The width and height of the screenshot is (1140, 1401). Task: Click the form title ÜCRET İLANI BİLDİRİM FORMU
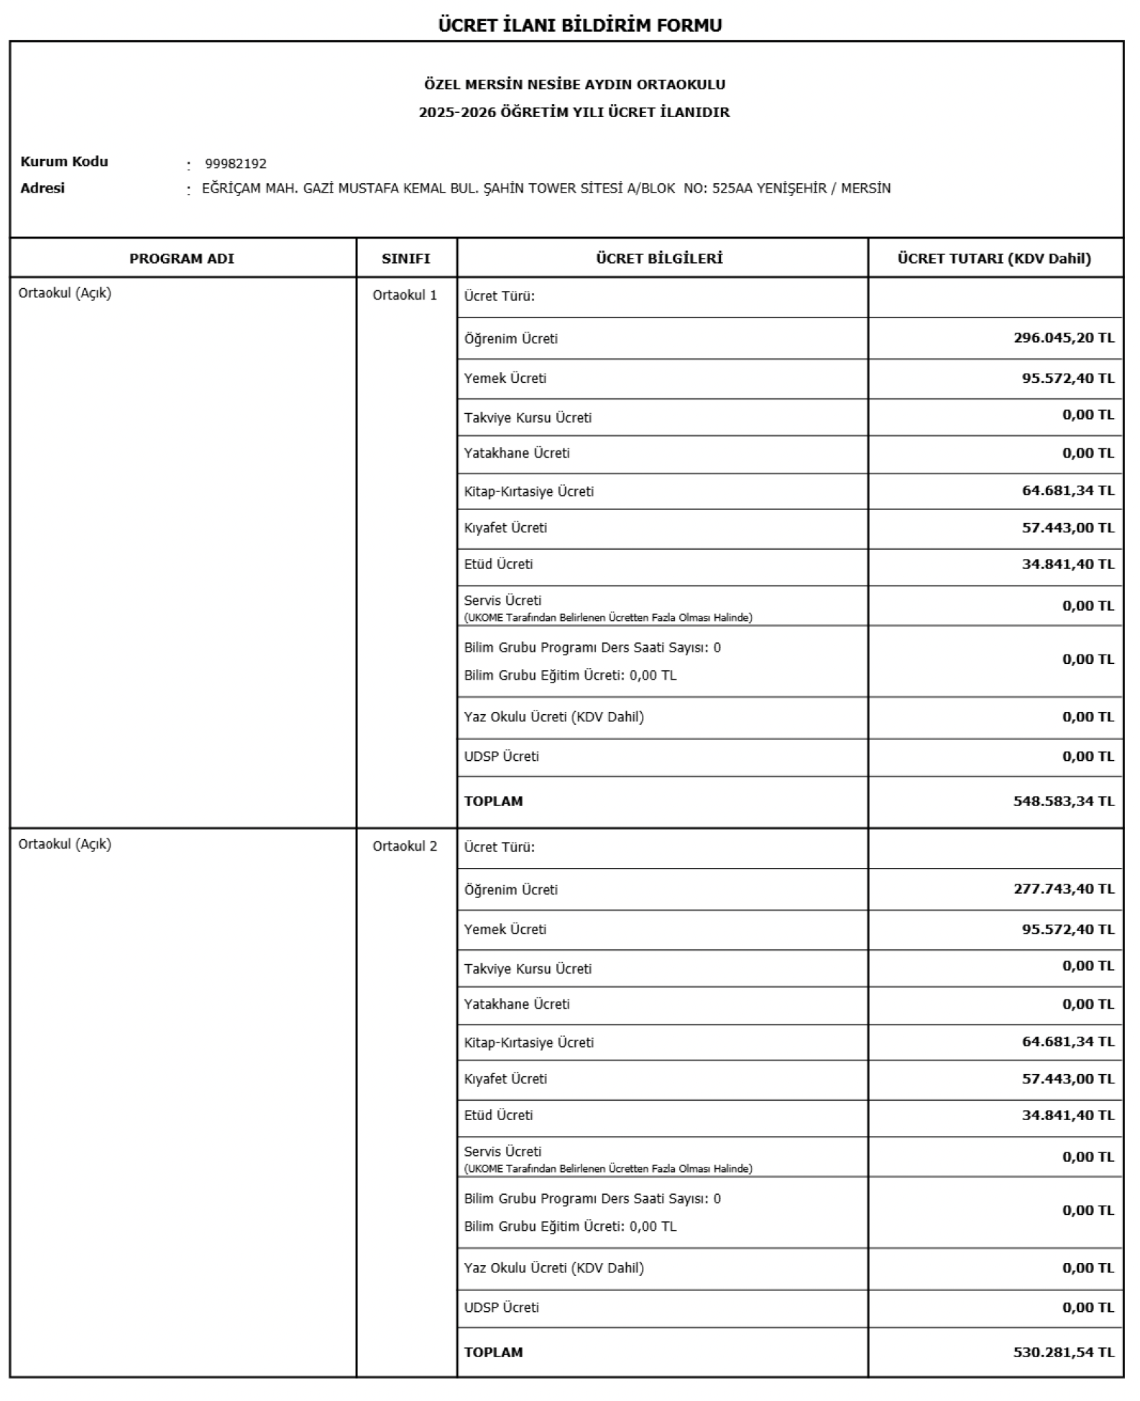(579, 25)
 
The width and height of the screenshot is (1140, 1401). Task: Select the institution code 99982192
(236, 164)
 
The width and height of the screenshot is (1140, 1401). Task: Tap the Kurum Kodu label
(64, 162)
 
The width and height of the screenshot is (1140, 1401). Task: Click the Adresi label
(42, 188)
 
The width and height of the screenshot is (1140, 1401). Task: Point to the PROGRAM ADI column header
(182, 259)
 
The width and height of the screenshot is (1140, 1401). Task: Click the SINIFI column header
(406, 259)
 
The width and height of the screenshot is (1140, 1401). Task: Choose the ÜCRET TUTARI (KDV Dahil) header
(994, 259)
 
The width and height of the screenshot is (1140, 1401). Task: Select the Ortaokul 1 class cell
(405, 295)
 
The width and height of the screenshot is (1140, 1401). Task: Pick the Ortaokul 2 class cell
(405, 846)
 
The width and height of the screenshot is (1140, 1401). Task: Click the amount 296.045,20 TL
(1064, 338)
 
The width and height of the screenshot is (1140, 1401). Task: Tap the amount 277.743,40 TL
(1064, 889)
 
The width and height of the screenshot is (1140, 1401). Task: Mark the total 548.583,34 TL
(1064, 801)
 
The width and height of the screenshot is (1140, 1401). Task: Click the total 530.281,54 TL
(1064, 1352)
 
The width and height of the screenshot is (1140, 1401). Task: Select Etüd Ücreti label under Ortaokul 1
(498, 565)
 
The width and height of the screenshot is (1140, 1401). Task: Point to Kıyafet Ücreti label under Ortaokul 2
(505, 1079)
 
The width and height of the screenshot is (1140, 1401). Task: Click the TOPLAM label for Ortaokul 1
(494, 801)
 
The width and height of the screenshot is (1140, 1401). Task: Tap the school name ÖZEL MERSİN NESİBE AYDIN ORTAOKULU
(574, 85)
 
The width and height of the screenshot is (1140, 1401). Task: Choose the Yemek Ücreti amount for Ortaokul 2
(1068, 929)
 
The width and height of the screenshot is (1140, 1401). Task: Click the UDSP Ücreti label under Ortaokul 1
(501, 757)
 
